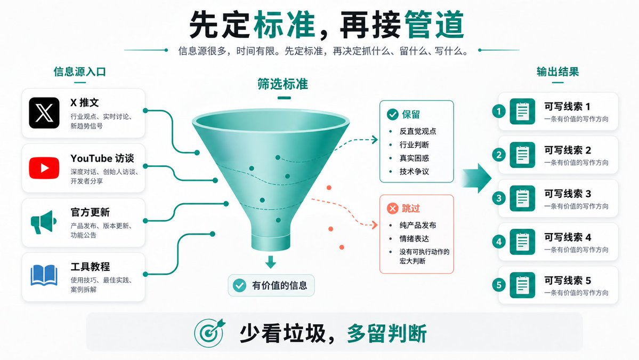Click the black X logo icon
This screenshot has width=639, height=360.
pos(44,113)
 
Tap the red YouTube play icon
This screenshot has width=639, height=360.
pos(44,168)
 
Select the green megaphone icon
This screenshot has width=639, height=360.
pos(44,222)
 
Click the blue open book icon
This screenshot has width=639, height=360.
pos(44,276)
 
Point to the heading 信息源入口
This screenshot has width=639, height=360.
pos(80,72)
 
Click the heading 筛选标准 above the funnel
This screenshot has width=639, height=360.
pos(283,84)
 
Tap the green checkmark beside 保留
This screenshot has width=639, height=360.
pos(392,115)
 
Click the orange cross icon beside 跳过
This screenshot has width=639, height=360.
pos(392,209)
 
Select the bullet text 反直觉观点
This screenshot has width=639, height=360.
pos(418,131)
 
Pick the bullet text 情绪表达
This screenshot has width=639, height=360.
pos(414,238)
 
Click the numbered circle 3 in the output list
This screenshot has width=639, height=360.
pos(499,198)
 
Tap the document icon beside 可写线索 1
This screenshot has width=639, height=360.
pos(522,111)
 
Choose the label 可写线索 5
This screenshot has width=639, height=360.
pos(568,281)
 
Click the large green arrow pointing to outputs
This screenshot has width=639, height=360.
pos(477,178)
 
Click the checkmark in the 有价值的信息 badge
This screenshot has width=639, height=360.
pos(239,285)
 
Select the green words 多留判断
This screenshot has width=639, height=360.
pos(387,333)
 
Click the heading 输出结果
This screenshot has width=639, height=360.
pos(557,72)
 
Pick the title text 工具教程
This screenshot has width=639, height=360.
pos(90,267)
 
